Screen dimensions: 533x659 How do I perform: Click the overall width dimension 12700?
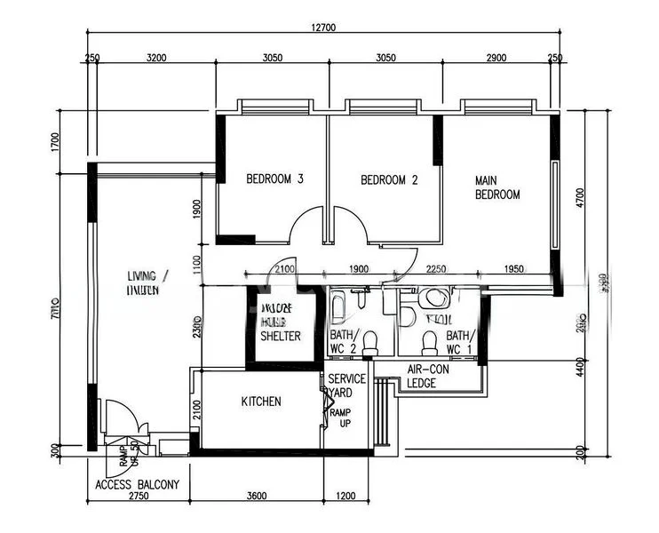click(x=323, y=28)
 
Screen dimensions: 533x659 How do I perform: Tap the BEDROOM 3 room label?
click(x=274, y=179)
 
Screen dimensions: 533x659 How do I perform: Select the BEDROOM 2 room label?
click(x=389, y=179)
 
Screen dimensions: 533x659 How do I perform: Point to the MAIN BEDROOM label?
click(x=497, y=187)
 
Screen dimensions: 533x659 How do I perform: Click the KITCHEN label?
click(x=261, y=402)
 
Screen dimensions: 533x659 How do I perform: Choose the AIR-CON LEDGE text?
click(x=433, y=377)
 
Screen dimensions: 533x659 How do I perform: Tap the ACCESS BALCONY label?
click(x=138, y=485)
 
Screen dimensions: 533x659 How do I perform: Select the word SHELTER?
click(x=281, y=336)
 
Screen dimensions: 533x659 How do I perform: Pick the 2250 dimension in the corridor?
click(x=436, y=269)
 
